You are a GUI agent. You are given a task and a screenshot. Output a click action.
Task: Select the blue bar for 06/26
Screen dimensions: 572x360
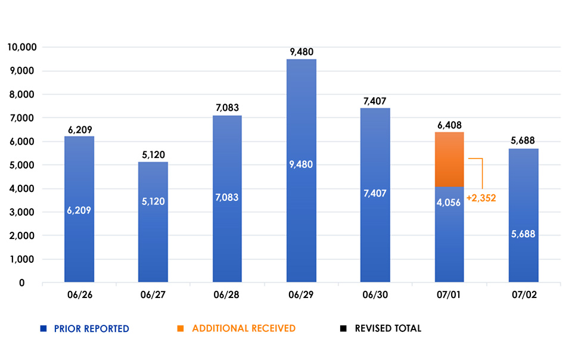(x=79, y=209)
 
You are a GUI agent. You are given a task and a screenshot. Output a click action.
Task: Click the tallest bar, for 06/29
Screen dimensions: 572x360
(x=301, y=170)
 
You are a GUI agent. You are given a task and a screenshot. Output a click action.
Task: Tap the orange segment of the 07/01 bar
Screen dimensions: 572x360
(x=449, y=159)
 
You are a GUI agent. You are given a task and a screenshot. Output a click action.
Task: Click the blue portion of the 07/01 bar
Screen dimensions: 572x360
(x=449, y=234)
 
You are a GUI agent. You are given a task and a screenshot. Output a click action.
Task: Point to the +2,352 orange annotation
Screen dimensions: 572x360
(x=481, y=198)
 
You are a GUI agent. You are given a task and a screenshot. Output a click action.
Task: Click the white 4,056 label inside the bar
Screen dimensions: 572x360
(x=449, y=203)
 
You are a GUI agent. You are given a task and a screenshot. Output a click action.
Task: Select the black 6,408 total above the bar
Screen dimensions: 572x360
(x=449, y=126)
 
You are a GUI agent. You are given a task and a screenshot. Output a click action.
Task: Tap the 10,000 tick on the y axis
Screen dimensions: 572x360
(x=22, y=47)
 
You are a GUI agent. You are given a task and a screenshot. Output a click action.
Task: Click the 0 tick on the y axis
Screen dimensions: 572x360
(x=22, y=283)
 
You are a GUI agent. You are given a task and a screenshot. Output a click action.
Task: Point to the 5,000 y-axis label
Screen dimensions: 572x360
(x=22, y=165)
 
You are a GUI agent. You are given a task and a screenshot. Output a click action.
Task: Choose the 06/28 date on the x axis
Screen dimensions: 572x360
(x=226, y=294)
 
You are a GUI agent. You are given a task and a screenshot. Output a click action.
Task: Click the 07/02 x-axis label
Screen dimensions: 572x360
(x=524, y=294)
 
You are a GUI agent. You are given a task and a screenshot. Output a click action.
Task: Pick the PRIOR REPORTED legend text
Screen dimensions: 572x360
(x=92, y=328)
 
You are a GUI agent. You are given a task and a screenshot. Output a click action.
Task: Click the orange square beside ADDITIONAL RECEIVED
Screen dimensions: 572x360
(x=180, y=328)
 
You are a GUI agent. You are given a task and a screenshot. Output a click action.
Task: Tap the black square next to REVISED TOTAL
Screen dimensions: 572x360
(x=343, y=328)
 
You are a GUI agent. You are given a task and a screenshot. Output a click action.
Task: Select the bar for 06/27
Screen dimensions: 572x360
(x=153, y=222)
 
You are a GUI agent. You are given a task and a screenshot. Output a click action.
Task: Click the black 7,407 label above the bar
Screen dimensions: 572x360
(x=375, y=101)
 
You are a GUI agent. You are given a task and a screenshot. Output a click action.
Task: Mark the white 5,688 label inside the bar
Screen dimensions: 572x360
(x=523, y=234)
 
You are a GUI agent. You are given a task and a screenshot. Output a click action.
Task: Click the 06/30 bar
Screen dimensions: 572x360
(x=375, y=195)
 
